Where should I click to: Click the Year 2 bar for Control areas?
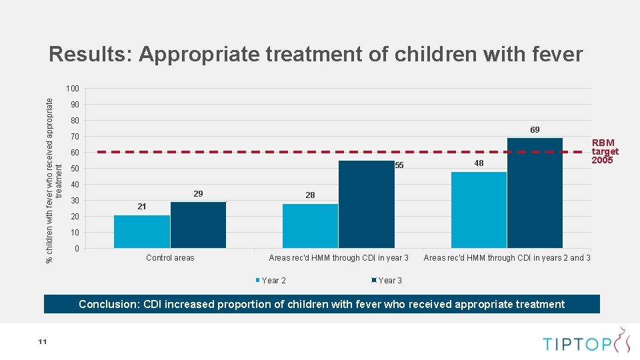pyautogui.click(x=142, y=231)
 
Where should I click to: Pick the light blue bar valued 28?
pyautogui.click(x=310, y=226)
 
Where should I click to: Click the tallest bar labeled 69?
pyautogui.click(x=535, y=193)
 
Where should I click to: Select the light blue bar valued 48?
pyautogui.click(x=479, y=210)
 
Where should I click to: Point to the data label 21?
pyautogui.click(x=141, y=207)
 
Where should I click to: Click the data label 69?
pyautogui.click(x=535, y=129)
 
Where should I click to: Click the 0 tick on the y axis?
pyautogui.click(x=77, y=249)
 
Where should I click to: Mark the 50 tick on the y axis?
pyautogui.click(x=75, y=169)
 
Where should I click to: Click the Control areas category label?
pyautogui.click(x=170, y=258)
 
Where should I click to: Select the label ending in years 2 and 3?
pyautogui.click(x=507, y=258)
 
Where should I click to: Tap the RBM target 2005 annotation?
pyautogui.click(x=605, y=151)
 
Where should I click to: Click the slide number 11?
pyautogui.click(x=42, y=342)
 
